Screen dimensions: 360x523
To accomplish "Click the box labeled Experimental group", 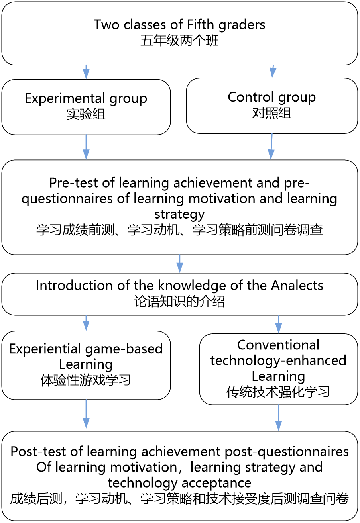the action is (86, 107).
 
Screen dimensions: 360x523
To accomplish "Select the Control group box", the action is (271, 106).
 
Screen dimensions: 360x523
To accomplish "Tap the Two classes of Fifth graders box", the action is (179, 33).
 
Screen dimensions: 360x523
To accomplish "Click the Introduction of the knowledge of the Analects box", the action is (179, 294).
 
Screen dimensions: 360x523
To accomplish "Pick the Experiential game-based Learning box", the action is (86, 365).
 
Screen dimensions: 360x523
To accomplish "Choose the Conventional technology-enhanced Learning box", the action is (278, 369).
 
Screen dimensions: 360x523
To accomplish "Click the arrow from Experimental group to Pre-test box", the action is (86, 147).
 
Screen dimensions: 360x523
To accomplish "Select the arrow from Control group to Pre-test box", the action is (271, 147).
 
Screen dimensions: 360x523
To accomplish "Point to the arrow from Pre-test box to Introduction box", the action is (179, 264).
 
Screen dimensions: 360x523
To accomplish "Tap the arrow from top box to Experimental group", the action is (86, 72).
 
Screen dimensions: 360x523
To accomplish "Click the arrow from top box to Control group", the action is (273, 71).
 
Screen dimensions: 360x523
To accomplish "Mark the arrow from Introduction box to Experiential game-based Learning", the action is (86, 323).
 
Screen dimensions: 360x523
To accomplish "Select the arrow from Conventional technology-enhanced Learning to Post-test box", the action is (278, 418).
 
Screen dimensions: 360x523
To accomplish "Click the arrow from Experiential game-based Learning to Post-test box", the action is (86, 414).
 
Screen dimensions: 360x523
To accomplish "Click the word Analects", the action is (297, 286).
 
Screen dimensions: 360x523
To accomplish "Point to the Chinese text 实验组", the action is (86, 115).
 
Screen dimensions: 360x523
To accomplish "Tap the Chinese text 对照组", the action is (271, 113).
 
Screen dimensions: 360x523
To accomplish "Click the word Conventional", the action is (278, 345).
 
